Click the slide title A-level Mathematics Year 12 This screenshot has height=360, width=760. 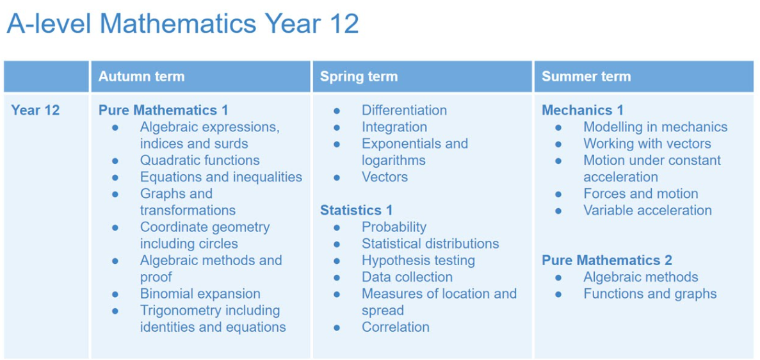(182, 23)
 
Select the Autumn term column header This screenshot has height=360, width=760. (141, 77)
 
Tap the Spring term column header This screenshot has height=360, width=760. (359, 77)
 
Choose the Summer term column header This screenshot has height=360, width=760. (586, 77)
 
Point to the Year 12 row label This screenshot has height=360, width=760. (35, 110)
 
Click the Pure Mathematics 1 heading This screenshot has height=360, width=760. (163, 110)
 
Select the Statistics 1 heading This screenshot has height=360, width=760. (356, 210)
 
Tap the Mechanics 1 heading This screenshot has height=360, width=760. (583, 110)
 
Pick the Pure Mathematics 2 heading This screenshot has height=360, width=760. (607, 261)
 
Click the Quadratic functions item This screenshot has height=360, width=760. (200, 160)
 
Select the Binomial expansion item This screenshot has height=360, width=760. (200, 293)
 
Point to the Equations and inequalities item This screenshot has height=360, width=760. (221, 177)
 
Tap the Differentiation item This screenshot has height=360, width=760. (404, 110)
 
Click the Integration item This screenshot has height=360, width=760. (394, 127)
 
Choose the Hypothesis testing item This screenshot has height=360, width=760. (418, 261)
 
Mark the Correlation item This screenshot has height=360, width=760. (396, 327)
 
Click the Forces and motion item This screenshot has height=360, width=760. (641, 193)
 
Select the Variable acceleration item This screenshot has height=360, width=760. (647, 210)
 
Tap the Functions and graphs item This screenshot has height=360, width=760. (650, 293)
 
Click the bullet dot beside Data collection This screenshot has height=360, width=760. (337, 277)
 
